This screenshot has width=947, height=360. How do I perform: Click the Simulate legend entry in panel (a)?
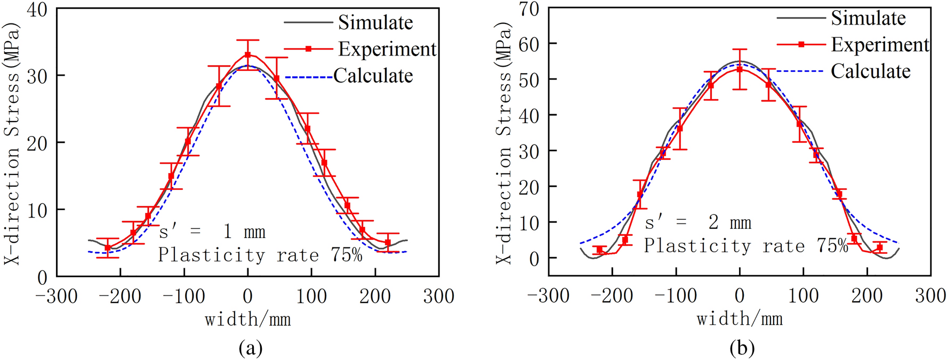click(x=375, y=22)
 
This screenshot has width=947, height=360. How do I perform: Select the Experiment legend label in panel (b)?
click(x=880, y=45)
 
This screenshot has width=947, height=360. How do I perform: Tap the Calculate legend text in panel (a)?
click(x=373, y=76)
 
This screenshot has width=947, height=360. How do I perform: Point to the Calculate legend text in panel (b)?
click(x=870, y=71)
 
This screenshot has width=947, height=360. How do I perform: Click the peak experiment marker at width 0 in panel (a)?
click(x=247, y=55)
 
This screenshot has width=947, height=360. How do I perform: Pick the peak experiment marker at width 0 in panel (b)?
click(x=739, y=69)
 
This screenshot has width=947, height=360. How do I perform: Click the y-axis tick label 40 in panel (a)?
click(x=37, y=9)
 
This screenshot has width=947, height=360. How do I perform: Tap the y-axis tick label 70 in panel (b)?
click(x=529, y=9)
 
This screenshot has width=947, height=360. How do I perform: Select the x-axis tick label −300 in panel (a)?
click(x=57, y=296)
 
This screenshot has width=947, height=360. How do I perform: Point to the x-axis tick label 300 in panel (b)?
click(x=930, y=295)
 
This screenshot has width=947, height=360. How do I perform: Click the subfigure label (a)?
click(x=251, y=348)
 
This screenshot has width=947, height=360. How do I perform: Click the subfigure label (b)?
click(x=742, y=348)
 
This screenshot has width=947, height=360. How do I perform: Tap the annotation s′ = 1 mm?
click(x=212, y=231)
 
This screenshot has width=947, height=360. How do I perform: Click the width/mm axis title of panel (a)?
click(x=247, y=320)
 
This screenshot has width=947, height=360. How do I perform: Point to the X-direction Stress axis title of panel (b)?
click(x=504, y=143)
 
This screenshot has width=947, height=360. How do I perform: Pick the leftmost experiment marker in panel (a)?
click(x=108, y=248)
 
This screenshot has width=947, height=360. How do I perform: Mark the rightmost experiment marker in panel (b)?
click(x=880, y=248)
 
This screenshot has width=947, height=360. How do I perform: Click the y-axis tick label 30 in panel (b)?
click(x=529, y=151)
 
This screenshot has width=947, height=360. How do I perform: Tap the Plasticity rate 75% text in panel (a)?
click(x=260, y=255)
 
